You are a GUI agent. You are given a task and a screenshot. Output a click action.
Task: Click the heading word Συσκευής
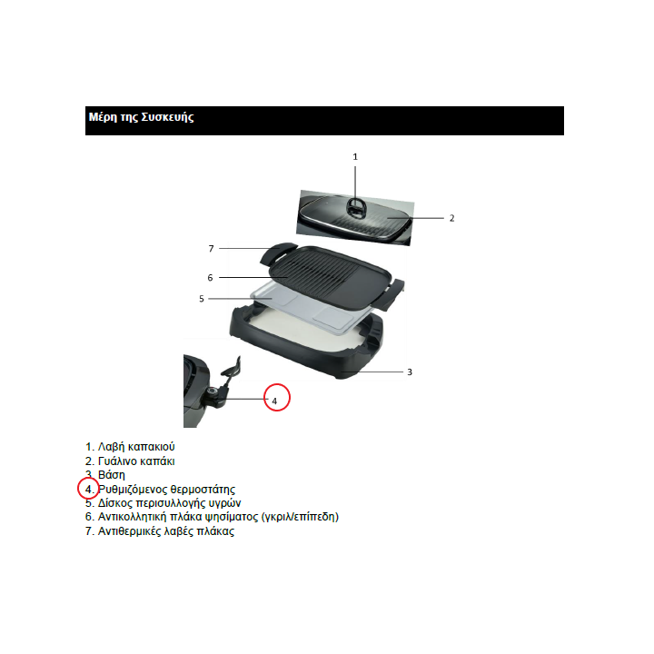[x=168, y=117]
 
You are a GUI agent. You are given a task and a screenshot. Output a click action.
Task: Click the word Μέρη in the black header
[x=103, y=117]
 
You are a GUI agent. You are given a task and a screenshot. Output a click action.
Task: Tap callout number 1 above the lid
[x=355, y=157]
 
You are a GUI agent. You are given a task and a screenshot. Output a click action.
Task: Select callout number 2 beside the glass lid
[x=451, y=218]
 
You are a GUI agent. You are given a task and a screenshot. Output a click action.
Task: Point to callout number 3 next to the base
[x=410, y=372]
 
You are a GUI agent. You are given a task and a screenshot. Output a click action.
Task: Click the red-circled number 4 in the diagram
[x=274, y=401]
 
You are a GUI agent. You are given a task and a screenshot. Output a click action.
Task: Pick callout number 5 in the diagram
[x=202, y=299]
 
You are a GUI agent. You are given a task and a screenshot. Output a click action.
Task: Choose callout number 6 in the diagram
[x=210, y=278]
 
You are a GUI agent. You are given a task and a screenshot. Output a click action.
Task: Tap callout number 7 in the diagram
[x=211, y=249]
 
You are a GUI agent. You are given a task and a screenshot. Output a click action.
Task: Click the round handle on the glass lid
[x=355, y=207]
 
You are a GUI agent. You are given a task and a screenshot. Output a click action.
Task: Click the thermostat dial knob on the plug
[x=212, y=392]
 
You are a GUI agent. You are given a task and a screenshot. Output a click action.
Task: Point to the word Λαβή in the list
[x=111, y=447]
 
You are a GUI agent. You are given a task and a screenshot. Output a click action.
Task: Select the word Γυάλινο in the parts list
[x=117, y=461]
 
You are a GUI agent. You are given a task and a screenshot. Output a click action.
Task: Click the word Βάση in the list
[x=112, y=475]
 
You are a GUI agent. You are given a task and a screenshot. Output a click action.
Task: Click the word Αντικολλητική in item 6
[x=132, y=517]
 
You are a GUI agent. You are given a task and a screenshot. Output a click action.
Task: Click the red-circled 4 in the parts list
[x=88, y=489]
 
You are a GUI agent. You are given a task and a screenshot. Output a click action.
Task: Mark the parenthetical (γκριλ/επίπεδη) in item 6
[x=300, y=517]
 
